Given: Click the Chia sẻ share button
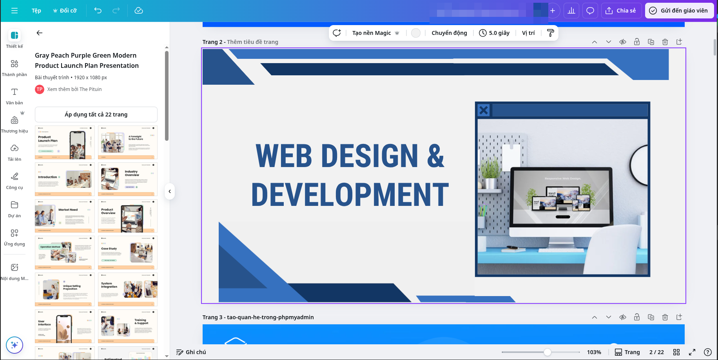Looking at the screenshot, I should click(621, 11).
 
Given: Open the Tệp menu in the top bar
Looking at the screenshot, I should click(36, 11).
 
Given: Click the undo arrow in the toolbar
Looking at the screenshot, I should click(98, 11).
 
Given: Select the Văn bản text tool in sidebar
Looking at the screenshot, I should click(15, 96).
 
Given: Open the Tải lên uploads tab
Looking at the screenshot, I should click(15, 153).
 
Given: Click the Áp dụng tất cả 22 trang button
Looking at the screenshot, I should click(96, 115).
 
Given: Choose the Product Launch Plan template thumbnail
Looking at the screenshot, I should click(65, 142).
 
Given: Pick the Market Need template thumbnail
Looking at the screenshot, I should click(65, 216).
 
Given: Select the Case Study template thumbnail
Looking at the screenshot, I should click(127, 253).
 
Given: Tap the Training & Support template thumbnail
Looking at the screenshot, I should click(127, 326).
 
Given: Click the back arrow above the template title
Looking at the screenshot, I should click(40, 33).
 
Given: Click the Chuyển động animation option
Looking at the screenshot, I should click(449, 33).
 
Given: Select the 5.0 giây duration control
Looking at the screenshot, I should click(495, 33).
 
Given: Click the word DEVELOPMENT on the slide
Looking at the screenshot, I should click(350, 195).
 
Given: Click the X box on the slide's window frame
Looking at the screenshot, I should click(484, 110).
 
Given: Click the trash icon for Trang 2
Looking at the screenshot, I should click(665, 42).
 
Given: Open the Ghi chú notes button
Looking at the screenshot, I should click(191, 352).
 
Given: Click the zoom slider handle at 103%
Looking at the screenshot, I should click(548, 352).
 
